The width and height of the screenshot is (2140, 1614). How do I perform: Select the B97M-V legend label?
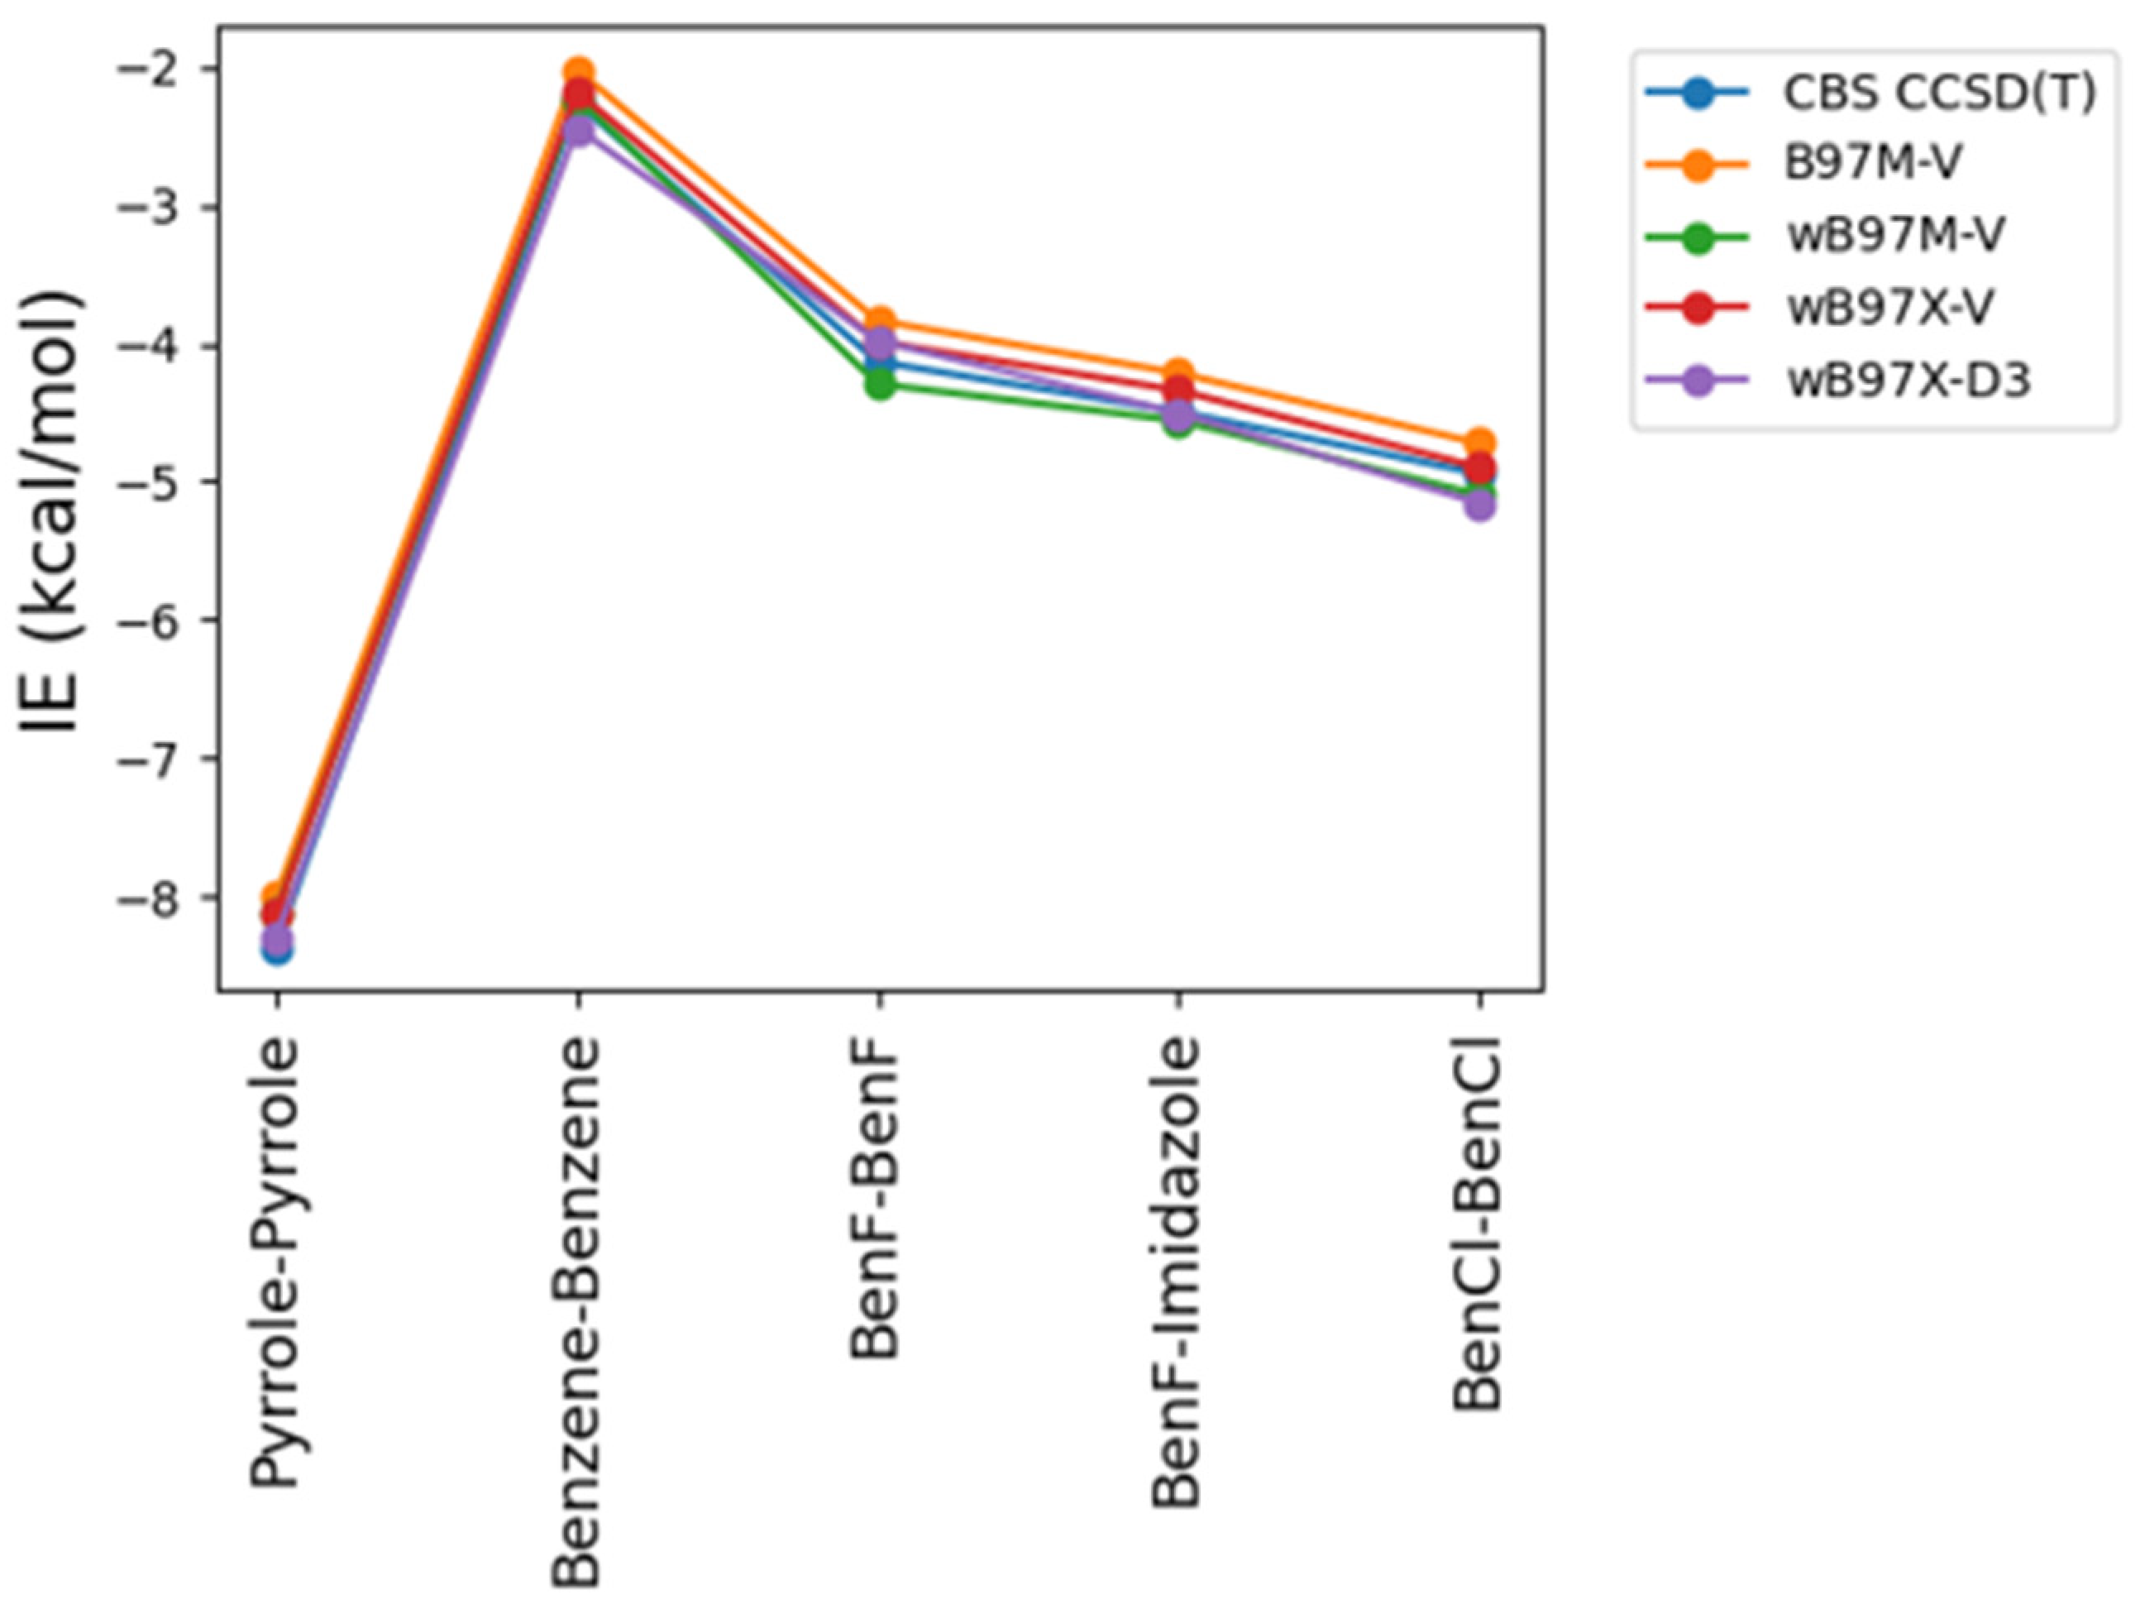pos(1872,164)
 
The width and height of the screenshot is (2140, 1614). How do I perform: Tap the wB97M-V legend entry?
pos(1894,236)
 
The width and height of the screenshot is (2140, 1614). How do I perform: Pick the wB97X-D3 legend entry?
pos(1907,381)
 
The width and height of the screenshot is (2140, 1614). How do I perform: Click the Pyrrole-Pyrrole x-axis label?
pos(275,1262)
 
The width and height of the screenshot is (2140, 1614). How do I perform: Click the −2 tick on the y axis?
pos(152,70)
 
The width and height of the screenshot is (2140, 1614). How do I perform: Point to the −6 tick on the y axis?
pos(152,621)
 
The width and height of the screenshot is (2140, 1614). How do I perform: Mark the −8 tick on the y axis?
pos(152,898)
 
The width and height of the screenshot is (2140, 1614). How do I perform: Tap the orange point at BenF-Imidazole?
pos(1178,372)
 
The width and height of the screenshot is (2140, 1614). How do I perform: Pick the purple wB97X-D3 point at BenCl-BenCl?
pos(1479,505)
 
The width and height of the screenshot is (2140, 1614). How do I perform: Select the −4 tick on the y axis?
pos(152,347)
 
